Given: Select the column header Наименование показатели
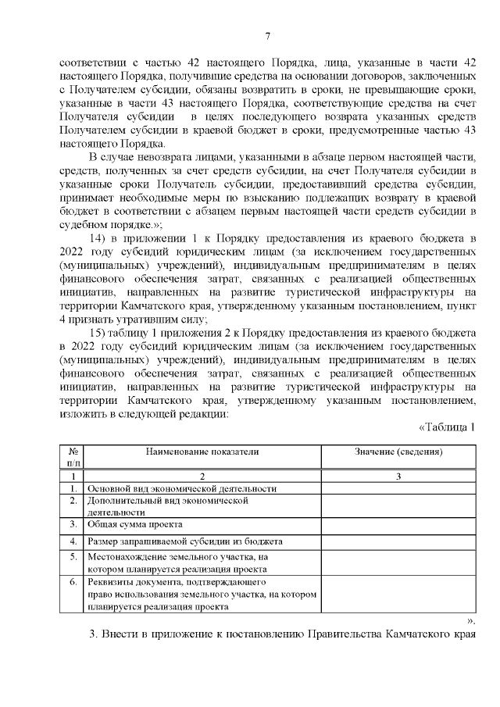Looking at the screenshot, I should pyautogui.click(x=202, y=452).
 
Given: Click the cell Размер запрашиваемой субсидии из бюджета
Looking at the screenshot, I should pyautogui.click(x=185, y=541).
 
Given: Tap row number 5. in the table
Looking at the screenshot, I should pyautogui.click(x=73, y=558).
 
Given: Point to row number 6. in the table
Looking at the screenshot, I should pyautogui.click(x=73, y=583).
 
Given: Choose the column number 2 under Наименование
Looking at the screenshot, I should pyautogui.click(x=202, y=476).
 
